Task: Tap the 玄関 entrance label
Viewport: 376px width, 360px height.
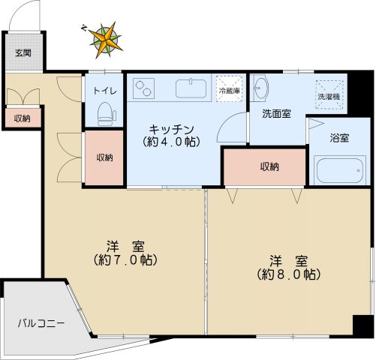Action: point(23,53)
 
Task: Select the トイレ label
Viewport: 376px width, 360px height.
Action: point(104,91)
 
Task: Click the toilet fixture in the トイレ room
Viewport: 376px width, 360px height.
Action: point(105,112)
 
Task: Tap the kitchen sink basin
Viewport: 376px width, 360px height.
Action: point(194,89)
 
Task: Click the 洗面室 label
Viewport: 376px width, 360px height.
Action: point(276,115)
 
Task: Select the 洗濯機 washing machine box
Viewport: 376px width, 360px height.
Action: point(328,94)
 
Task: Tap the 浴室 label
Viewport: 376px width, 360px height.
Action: point(339,139)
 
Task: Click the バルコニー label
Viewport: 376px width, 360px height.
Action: point(41,324)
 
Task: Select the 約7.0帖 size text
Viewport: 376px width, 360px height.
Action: point(125,260)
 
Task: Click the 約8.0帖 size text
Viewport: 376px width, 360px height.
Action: point(290,274)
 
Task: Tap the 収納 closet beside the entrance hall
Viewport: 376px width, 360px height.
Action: point(22,118)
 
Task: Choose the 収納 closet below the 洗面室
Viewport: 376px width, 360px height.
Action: point(266,166)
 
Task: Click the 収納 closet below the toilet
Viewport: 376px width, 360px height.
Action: point(104,157)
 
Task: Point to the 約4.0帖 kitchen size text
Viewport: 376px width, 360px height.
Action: point(172,140)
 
